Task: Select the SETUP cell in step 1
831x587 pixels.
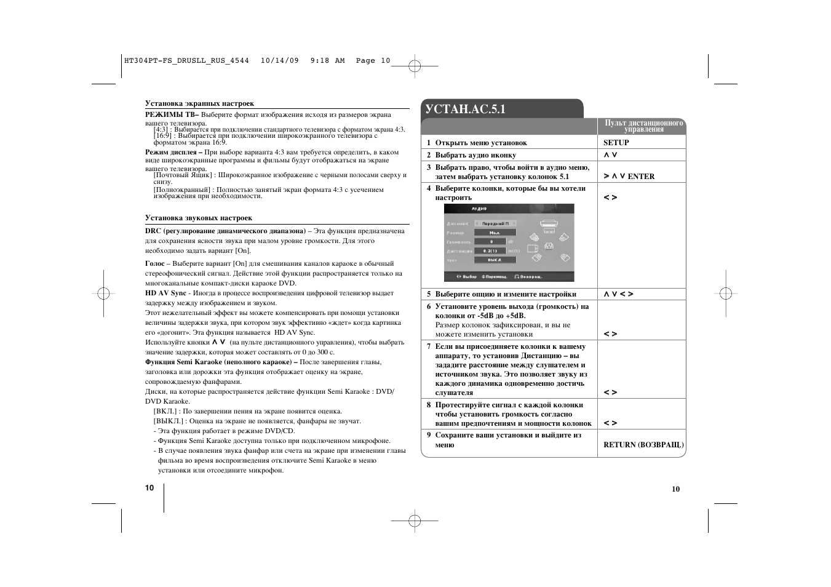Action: coord(616,143)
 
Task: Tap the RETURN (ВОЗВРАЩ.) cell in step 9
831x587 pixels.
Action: coord(643,445)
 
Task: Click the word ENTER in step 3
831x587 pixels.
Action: coord(641,177)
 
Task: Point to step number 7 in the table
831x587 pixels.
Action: coord(429,346)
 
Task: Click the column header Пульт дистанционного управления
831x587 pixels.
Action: coord(643,126)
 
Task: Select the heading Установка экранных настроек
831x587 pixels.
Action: coord(199,103)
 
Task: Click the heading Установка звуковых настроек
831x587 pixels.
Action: coord(199,218)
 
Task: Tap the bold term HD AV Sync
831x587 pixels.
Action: coord(165,293)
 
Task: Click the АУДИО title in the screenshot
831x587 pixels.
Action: coord(479,209)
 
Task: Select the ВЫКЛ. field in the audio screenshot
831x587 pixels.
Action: coord(495,260)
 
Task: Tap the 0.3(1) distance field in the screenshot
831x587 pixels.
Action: coord(490,251)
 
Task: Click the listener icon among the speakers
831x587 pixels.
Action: coord(549,246)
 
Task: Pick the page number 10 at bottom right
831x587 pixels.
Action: coord(675,489)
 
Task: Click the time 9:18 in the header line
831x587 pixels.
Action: coord(320,60)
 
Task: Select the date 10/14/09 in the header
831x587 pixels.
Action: coord(280,60)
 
